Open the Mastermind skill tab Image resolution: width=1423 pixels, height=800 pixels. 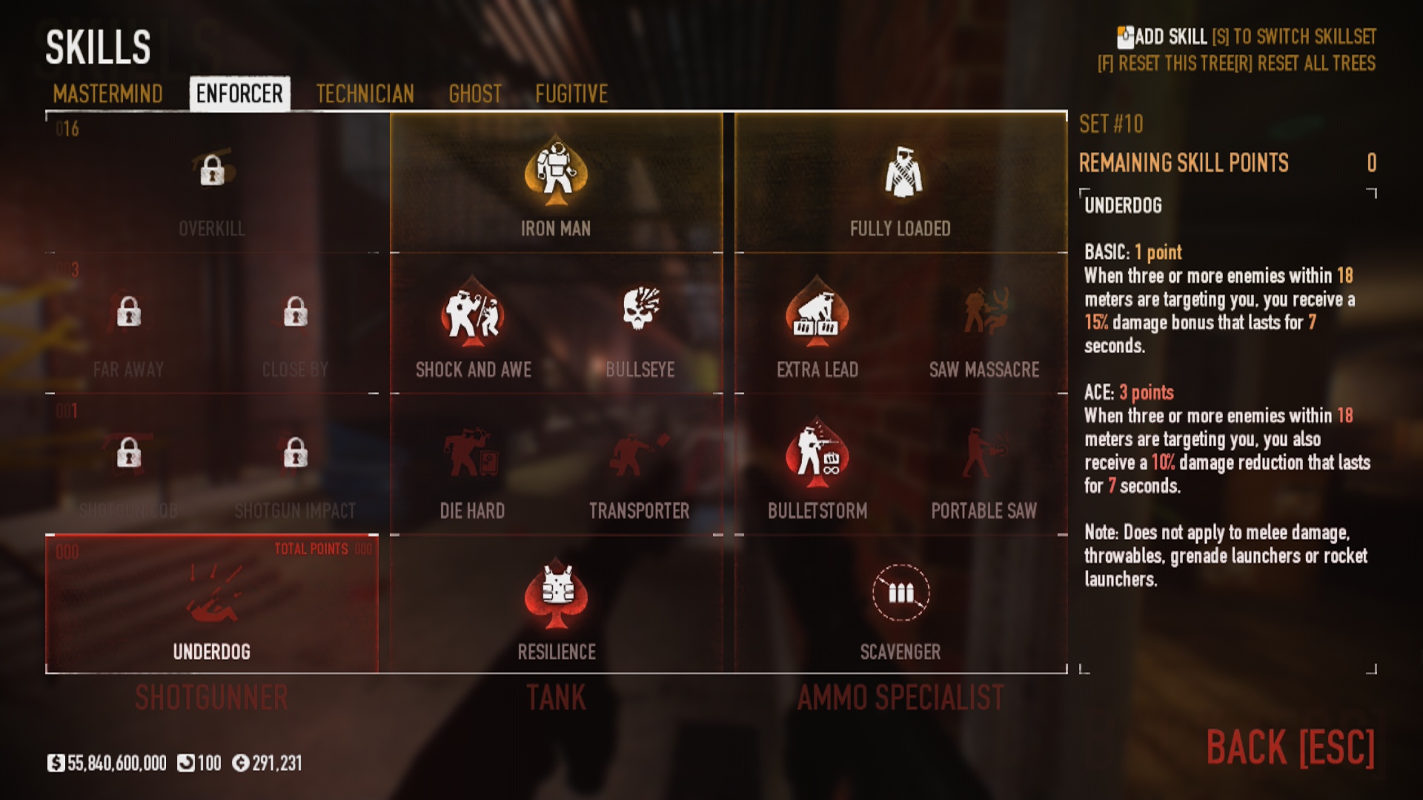pos(107,94)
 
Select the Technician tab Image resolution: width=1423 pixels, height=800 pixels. pos(365,94)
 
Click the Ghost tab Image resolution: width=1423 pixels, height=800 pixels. pos(475,94)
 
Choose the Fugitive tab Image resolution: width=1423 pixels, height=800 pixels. pos(571,94)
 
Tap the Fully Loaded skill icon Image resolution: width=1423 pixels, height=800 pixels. pos(900,173)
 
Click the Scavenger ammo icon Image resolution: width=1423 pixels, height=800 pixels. pos(900,593)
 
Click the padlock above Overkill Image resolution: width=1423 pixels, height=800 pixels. pos(212,170)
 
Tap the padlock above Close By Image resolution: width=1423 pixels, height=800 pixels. pos(295,312)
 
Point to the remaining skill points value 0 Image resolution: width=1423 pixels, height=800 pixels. pos(1371,163)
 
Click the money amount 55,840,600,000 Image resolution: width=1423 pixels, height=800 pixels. pos(116,763)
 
